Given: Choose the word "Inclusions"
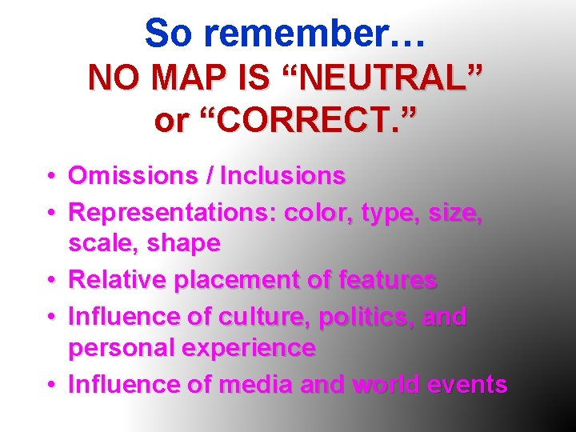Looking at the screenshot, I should (x=282, y=175).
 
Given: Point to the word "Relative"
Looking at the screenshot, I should (x=118, y=279).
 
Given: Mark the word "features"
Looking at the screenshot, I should (x=387, y=279).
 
